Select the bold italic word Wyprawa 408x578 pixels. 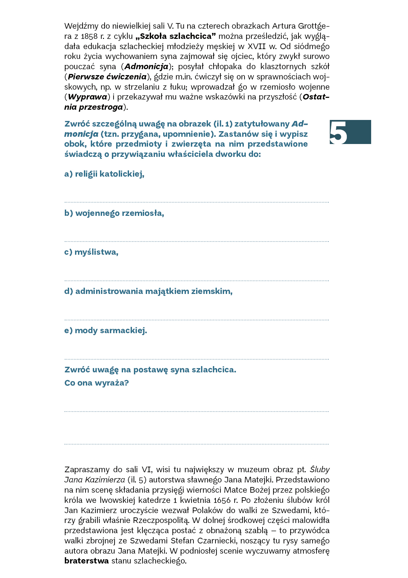pyautogui.click(x=88, y=97)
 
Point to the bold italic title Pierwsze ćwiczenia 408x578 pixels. pyautogui.click(x=107, y=77)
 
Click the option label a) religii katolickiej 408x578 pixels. pyautogui.click(x=104, y=174)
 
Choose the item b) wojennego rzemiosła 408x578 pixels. pyautogui.click(x=114, y=213)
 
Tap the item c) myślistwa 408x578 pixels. pyautogui.click(x=91, y=252)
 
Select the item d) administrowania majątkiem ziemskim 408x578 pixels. pyautogui.click(x=148, y=291)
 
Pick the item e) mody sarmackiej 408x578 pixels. pyautogui.click(x=106, y=331)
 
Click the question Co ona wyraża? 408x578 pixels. pyautogui.click(x=96, y=383)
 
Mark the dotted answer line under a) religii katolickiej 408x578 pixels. pyautogui.click(x=196, y=202)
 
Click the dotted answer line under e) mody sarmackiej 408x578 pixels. pyautogui.click(x=196, y=359)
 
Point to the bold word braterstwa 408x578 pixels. pyautogui.click(x=87, y=561)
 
